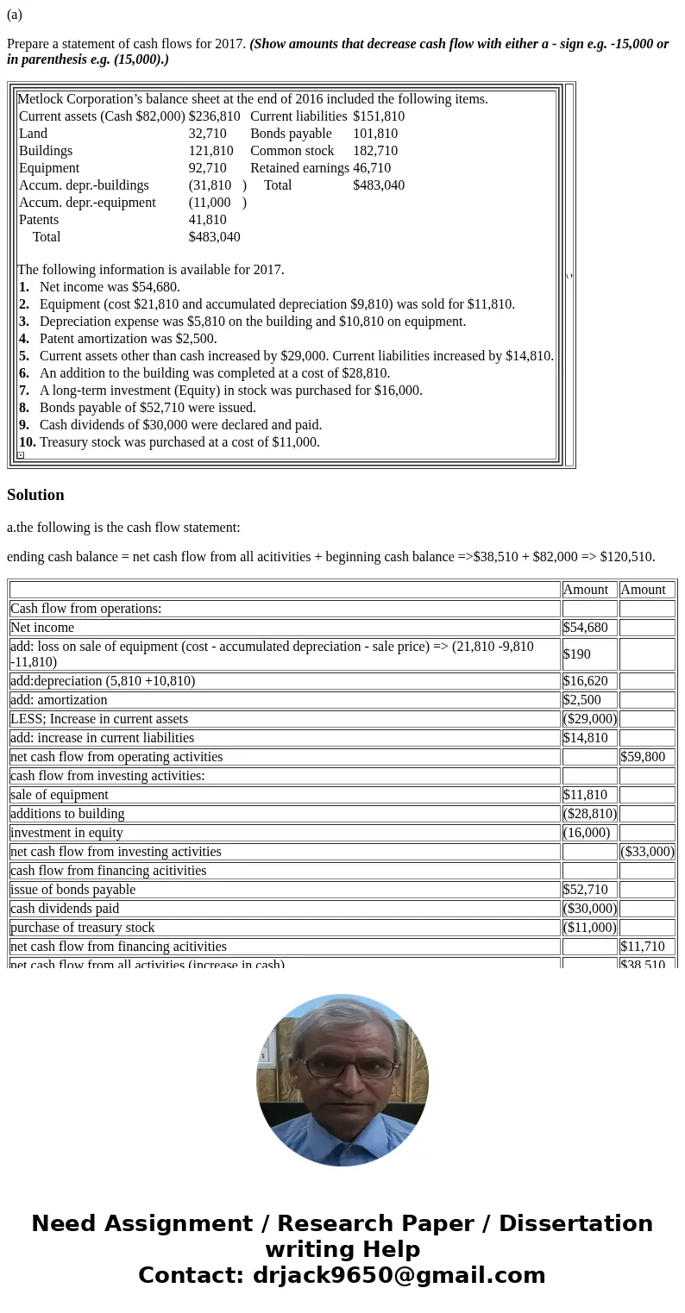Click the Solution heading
point(35,495)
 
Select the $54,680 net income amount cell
point(585,628)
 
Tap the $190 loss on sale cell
point(577,654)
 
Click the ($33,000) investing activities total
point(647,852)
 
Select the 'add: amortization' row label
point(59,700)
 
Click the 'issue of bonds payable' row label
point(72,890)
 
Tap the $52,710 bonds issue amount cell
point(585,890)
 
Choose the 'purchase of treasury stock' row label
point(83,928)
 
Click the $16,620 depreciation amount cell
point(585,681)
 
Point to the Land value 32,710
point(207,134)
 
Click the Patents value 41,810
point(207,220)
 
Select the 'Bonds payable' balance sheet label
point(291,134)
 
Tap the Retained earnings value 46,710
point(372,168)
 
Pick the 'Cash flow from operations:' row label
point(85,609)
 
